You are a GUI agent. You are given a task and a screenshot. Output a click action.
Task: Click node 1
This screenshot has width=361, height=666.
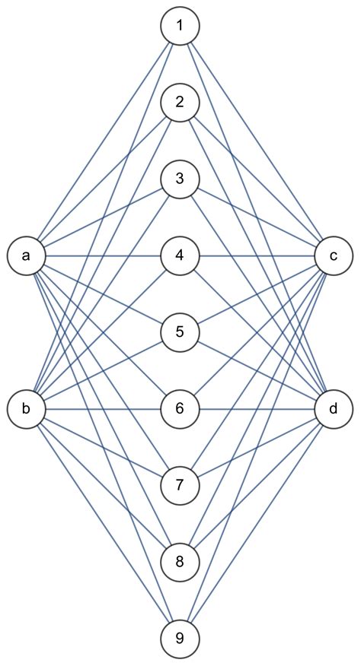point(180,26)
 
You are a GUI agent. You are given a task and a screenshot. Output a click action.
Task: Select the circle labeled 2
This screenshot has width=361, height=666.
point(180,103)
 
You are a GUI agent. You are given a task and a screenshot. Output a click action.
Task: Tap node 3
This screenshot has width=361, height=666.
point(180,179)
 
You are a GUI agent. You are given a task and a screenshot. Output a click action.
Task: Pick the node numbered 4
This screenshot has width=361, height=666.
point(180,255)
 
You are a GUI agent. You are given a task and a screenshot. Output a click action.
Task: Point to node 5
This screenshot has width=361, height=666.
point(180,332)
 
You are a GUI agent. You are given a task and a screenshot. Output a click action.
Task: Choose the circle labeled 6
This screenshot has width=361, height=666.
point(180,409)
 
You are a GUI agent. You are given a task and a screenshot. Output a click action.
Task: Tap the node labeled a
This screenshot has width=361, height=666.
point(27,255)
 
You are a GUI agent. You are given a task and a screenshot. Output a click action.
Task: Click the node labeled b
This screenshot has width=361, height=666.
point(27,409)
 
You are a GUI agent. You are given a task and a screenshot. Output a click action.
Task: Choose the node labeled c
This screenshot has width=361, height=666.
point(334,255)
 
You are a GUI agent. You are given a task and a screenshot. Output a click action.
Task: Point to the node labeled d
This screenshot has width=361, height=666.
point(334,409)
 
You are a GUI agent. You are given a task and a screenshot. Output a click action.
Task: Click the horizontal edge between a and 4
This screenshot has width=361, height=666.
point(103,255)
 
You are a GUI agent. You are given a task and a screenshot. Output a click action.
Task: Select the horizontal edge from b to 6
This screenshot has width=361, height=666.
point(103,409)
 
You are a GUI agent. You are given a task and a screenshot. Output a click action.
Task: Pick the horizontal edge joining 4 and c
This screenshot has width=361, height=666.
point(257,255)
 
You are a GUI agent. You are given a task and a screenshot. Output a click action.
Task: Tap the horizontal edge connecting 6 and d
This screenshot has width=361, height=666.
point(257,409)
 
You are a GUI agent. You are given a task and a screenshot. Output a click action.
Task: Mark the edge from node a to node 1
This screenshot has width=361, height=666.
point(103,141)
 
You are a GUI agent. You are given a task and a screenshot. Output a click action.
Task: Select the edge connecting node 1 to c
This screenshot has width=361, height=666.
point(257,141)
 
